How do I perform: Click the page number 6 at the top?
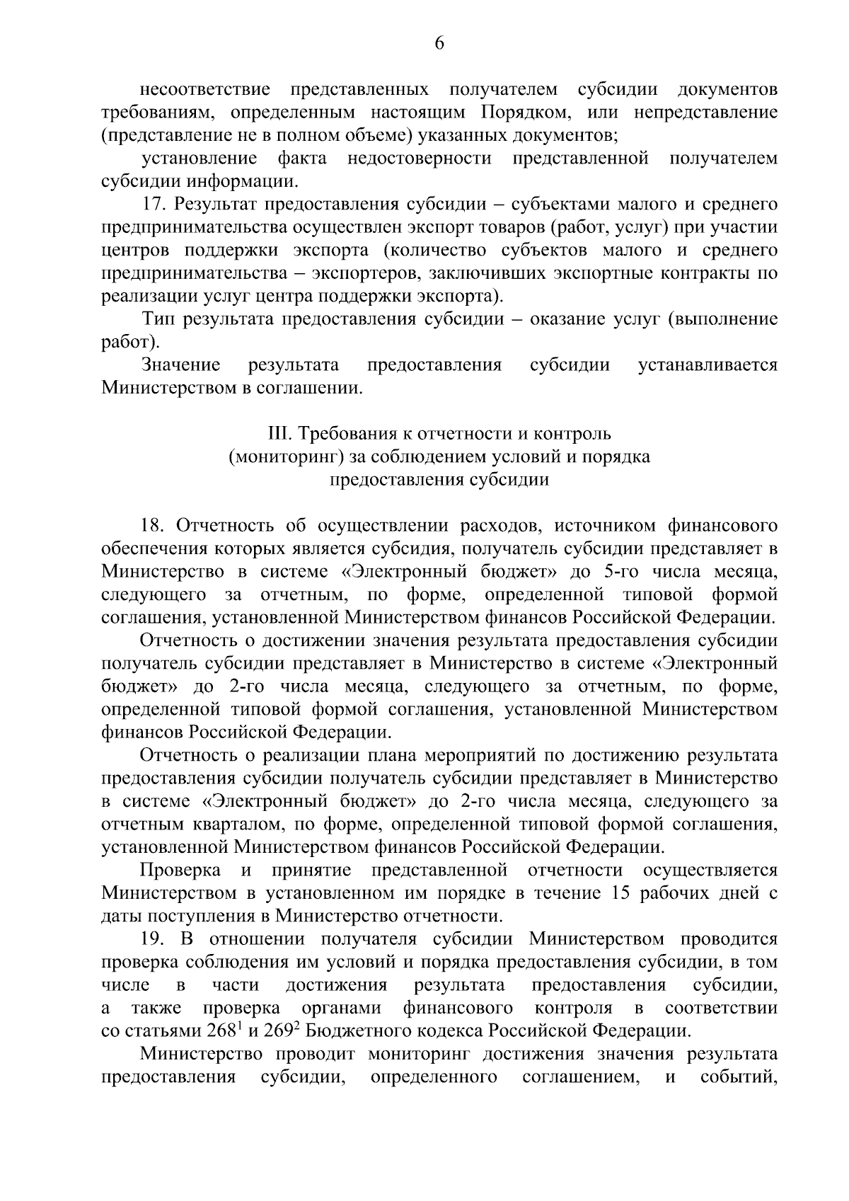coord(439,44)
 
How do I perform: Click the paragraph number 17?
coord(154,205)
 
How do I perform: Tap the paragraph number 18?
coord(154,525)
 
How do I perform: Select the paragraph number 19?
coord(154,939)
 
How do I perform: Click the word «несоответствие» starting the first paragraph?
coord(206,89)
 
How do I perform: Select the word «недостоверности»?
coord(419,159)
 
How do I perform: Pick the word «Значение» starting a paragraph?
coord(181,365)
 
